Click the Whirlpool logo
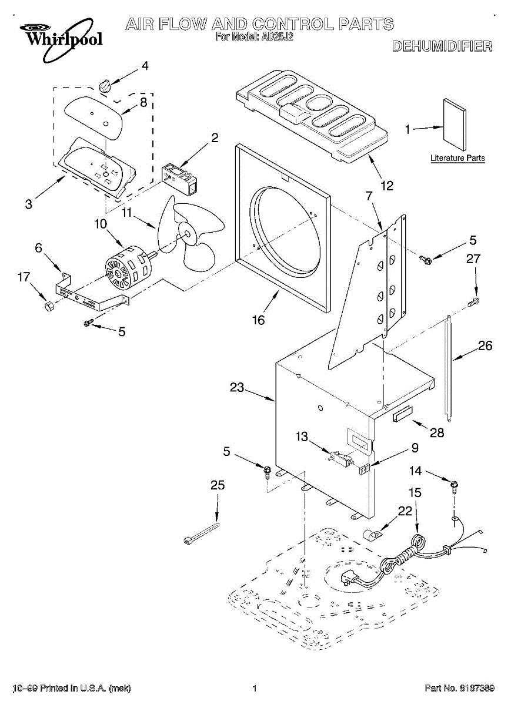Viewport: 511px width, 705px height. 61,40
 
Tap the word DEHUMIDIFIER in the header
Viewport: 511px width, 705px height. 442,46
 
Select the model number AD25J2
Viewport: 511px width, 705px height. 276,37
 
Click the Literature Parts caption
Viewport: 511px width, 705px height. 457,158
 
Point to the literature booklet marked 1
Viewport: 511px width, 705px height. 455,125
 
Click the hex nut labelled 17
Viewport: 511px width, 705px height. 49,305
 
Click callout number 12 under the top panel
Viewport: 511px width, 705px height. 387,186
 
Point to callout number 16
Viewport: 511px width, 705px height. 258,320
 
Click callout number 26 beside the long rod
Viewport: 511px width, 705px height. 485,345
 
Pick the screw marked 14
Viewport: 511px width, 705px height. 454,486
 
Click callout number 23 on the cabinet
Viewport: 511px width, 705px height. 236,387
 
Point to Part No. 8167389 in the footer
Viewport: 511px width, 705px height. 460,688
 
